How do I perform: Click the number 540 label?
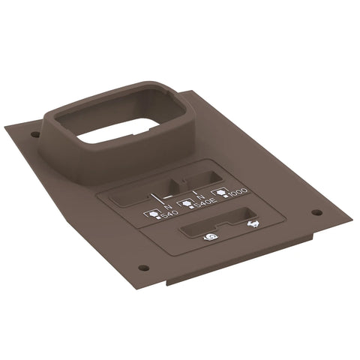pyautogui.click(x=170, y=214)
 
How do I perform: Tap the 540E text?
pyautogui.click(x=206, y=203)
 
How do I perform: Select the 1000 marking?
pyautogui.click(x=238, y=192)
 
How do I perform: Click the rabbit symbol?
pyautogui.click(x=253, y=223)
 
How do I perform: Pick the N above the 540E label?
pyautogui.click(x=199, y=198)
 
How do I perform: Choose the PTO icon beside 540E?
pyautogui.click(x=185, y=203)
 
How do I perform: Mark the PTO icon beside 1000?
pyautogui.click(x=220, y=193)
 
